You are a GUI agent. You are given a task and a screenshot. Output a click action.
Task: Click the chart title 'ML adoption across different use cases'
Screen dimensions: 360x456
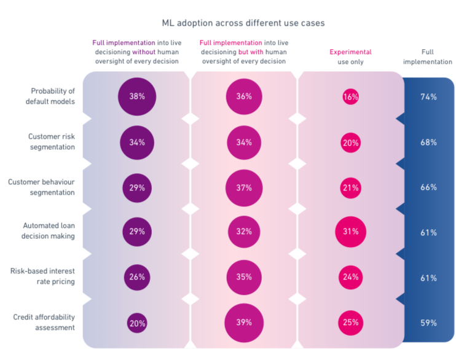(243, 23)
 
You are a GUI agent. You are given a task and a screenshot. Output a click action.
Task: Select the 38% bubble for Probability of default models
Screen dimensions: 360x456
(137, 96)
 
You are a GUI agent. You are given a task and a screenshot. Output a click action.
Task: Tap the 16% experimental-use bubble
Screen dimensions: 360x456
(351, 97)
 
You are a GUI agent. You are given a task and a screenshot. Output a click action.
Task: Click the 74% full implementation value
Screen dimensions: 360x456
(428, 97)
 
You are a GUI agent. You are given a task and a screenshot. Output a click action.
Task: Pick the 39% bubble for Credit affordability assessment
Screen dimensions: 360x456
(243, 323)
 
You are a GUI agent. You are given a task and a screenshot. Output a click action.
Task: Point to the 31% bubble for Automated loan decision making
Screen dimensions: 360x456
(351, 232)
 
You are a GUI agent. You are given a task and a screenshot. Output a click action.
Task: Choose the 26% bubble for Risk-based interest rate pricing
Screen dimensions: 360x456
(137, 277)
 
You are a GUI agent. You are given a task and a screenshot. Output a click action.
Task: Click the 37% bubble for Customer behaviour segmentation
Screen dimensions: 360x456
(243, 187)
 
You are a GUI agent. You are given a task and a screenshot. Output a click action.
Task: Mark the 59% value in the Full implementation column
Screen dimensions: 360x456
(428, 323)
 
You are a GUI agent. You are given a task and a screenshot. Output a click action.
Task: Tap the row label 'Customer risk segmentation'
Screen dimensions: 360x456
(51, 142)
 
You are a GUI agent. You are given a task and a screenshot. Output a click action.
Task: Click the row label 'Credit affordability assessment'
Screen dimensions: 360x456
(44, 322)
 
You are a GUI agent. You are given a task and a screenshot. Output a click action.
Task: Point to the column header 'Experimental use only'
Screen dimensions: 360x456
(350, 57)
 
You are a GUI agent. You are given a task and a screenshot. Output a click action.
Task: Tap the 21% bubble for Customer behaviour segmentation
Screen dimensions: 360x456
(351, 187)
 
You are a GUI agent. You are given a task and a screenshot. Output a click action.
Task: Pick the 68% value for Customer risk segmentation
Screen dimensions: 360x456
(428, 143)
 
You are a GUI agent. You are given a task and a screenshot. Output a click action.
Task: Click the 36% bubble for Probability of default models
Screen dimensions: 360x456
(243, 96)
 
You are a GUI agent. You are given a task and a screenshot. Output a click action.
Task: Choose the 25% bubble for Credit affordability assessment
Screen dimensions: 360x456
(351, 323)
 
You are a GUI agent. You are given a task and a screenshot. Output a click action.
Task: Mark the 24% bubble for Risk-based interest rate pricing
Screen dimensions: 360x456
(351, 277)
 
